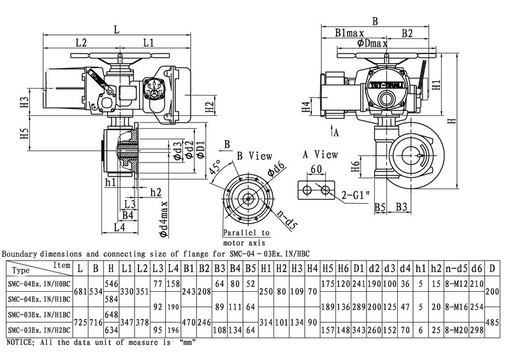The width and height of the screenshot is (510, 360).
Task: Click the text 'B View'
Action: tap(254, 155)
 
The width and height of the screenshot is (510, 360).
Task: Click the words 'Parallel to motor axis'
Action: tap(246, 238)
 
